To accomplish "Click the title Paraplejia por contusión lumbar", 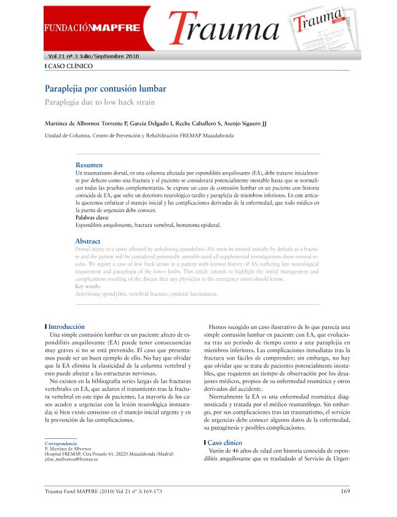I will click(106, 89).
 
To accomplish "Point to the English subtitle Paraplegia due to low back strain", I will click(100, 101).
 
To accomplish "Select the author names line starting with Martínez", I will click(155, 123).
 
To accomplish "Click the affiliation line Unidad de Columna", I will click(139, 136).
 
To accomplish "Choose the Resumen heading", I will click(88, 165).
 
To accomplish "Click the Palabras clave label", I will click(92, 218).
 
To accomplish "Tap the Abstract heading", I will click(87, 241).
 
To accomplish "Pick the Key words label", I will click(88, 286).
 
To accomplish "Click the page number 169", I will click(345, 491).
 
